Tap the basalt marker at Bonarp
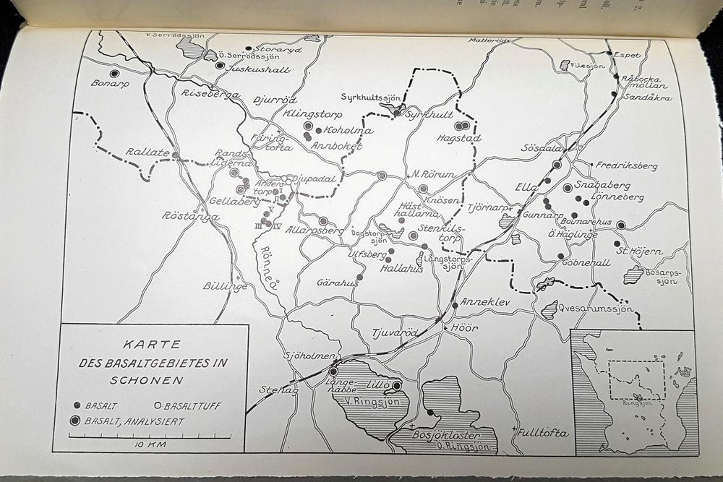click(114, 73)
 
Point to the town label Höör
click(460, 325)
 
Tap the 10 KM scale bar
click(150, 436)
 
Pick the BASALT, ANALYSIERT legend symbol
click(75, 420)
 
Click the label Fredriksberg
click(627, 165)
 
